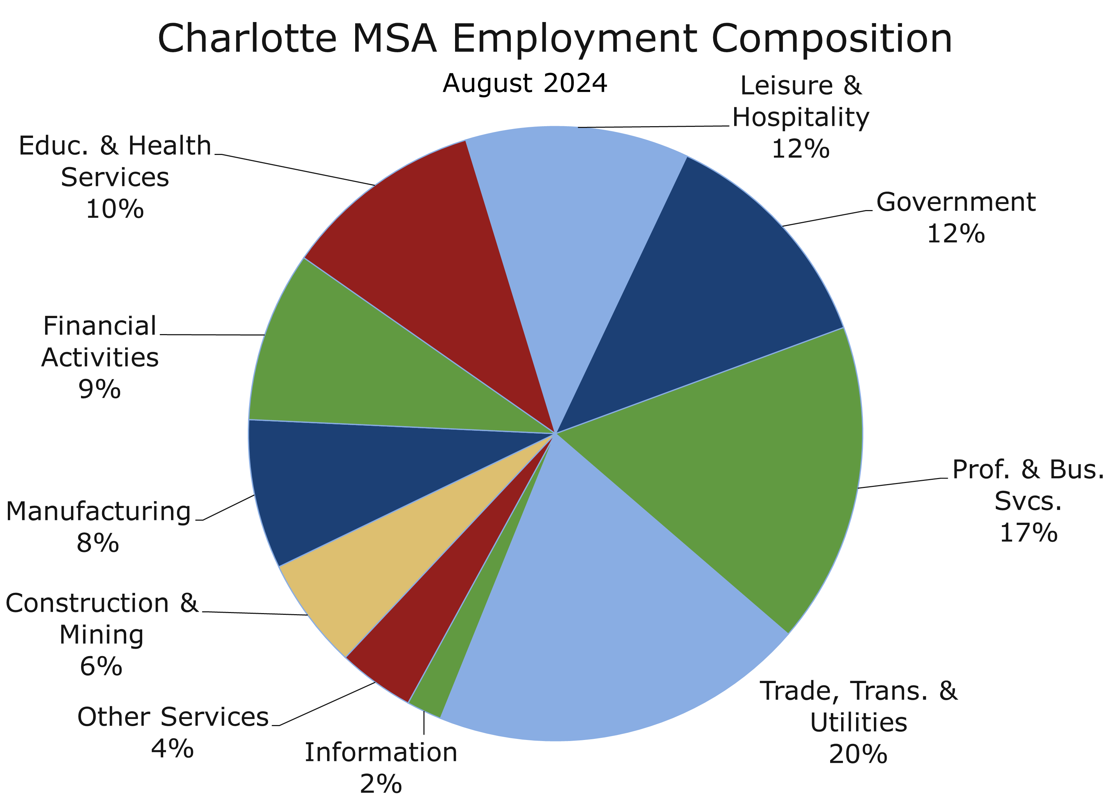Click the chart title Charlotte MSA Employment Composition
coord(555,39)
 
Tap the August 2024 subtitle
coord(525,83)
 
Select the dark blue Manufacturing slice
coord(343,480)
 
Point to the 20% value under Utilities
coord(858,755)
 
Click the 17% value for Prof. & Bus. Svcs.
coord(1028,533)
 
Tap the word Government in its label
coord(956,202)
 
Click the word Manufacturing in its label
coord(98,512)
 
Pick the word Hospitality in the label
coord(800,118)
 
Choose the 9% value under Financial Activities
coord(100,390)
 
